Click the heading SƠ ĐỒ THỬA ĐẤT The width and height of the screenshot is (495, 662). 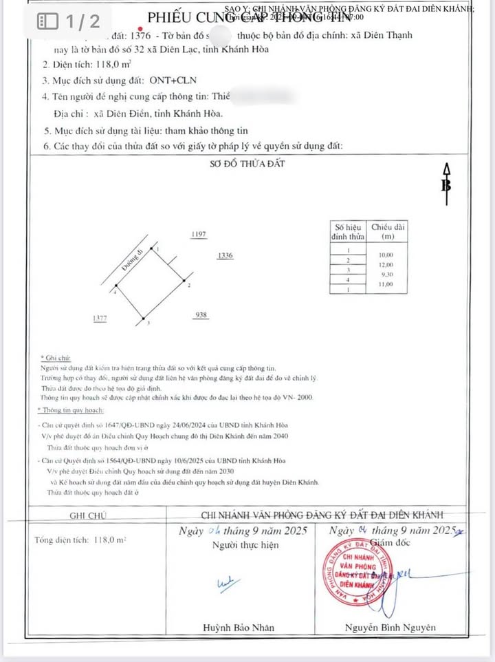[x=247, y=164]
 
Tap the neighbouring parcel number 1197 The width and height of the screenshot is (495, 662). [x=199, y=235]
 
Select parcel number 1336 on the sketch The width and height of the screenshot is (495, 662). [x=225, y=256]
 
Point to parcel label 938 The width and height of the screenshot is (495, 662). [x=201, y=315]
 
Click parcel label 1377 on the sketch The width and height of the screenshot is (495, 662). [x=100, y=319]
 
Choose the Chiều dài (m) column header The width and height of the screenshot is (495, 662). [x=388, y=231]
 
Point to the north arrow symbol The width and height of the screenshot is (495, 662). [x=446, y=184]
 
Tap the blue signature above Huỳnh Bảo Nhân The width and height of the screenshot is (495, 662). [x=225, y=584]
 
